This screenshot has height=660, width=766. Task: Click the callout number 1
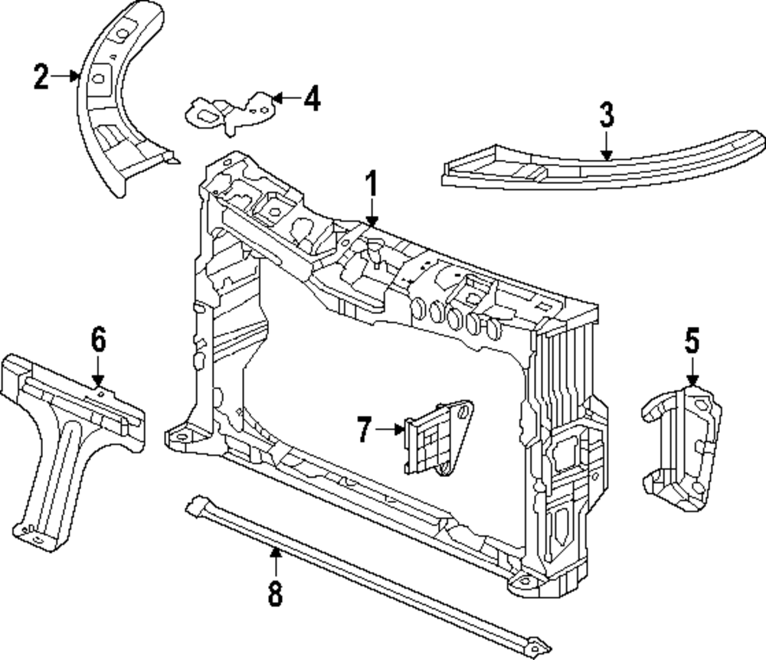coord(372,185)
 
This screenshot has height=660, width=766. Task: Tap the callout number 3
coord(606,116)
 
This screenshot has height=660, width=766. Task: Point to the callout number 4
coord(311,99)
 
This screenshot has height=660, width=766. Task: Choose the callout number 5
coord(692,341)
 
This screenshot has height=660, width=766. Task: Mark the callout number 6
coord(98,339)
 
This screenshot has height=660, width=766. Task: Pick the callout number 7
coord(365,430)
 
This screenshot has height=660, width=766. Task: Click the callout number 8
coord(275,592)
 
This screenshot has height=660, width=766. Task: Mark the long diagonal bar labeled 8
coord(368,574)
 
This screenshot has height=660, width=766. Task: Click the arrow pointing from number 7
coord(391,430)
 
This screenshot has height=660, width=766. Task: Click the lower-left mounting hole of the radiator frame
coord(181,436)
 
